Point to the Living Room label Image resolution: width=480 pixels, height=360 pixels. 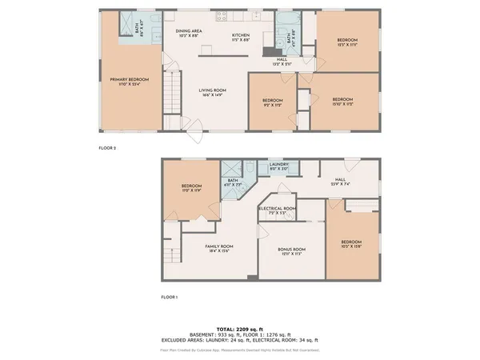tap(213, 93)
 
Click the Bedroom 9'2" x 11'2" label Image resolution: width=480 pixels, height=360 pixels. tap(272, 102)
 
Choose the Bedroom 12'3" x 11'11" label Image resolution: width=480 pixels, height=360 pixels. tap(346, 42)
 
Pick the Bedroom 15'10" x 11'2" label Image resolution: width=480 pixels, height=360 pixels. tap(342, 102)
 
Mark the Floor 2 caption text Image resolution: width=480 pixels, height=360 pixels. tap(107, 148)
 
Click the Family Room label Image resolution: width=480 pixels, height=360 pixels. tap(218, 248)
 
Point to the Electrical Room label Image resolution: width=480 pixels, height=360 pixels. tap(277, 210)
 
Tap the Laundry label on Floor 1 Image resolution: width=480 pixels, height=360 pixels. tap(278, 166)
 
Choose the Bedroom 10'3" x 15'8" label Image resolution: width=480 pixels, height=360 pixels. tap(351, 244)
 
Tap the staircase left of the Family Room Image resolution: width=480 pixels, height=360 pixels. tap(170, 256)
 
